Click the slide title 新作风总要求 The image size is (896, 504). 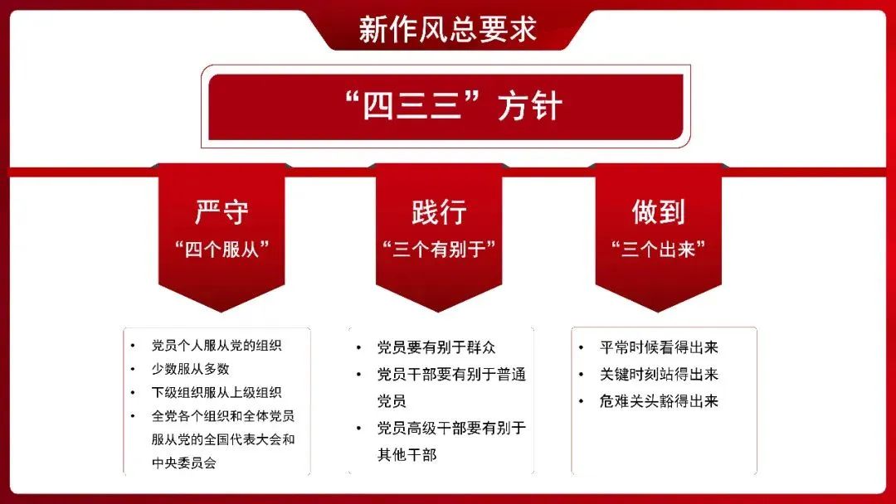(x=447, y=29)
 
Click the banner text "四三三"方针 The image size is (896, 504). (x=455, y=105)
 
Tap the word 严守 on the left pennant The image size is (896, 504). (x=222, y=211)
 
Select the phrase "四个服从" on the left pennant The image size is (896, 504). (x=222, y=250)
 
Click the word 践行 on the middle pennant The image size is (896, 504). (x=439, y=211)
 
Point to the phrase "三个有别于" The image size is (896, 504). (x=439, y=250)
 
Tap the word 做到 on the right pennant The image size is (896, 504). (x=658, y=211)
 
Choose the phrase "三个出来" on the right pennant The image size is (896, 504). (x=658, y=250)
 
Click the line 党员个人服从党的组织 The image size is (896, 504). (x=217, y=346)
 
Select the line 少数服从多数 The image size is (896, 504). (x=190, y=369)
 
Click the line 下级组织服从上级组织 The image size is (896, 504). (x=217, y=392)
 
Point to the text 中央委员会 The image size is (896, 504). (x=184, y=463)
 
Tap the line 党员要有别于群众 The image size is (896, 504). (x=436, y=347)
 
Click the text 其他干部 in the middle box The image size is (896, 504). (x=407, y=454)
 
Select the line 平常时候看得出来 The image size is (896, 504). (x=659, y=347)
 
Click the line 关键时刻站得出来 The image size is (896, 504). (x=659, y=374)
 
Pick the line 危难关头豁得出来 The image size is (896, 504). (x=659, y=400)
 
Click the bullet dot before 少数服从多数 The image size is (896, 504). (x=133, y=369)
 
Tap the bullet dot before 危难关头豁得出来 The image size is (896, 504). (x=581, y=401)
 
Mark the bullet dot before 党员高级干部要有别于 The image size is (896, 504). (x=359, y=428)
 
